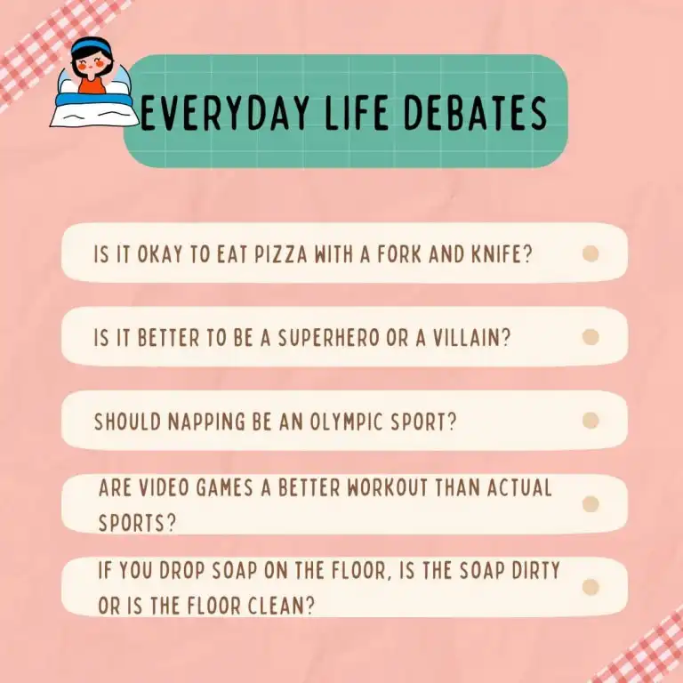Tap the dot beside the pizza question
591,254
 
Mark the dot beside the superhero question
591,337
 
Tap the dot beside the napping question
591,421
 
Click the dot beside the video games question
591,504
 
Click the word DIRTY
528,571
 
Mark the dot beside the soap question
591,587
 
